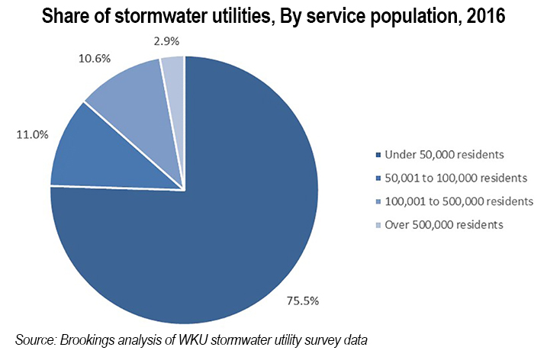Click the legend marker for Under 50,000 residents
[x=380, y=156]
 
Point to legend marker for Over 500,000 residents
[x=380, y=226]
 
